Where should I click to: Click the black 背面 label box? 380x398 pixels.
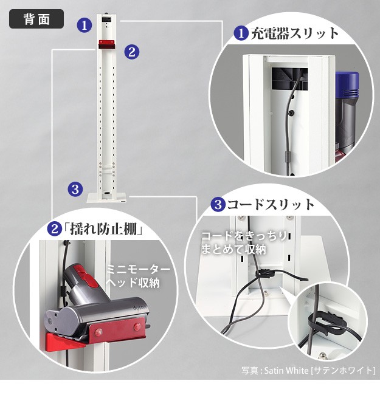click(36, 19)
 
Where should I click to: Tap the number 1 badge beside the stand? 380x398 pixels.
click(85, 25)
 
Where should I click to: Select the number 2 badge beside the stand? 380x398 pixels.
click(131, 52)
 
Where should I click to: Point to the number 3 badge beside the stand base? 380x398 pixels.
click(75, 190)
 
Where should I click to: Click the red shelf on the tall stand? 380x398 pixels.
click(106, 45)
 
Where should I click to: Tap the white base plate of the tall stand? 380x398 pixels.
click(106, 198)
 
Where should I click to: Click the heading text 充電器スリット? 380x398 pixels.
click(295, 33)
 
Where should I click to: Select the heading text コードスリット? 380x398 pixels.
click(271, 205)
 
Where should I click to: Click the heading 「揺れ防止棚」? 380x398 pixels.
click(103, 229)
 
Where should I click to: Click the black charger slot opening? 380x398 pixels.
click(290, 78)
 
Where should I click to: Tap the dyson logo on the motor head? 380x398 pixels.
click(139, 309)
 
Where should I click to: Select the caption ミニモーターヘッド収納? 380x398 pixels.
click(137, 276)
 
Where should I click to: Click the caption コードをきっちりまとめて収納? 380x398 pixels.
click(244, 242)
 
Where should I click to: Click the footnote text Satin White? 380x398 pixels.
click(286, 371)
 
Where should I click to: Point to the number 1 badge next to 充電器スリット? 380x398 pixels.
click(241, 33)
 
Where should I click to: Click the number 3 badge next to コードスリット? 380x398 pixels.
click(218, 205)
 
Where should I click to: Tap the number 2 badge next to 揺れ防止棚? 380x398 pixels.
click(55, 229)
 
